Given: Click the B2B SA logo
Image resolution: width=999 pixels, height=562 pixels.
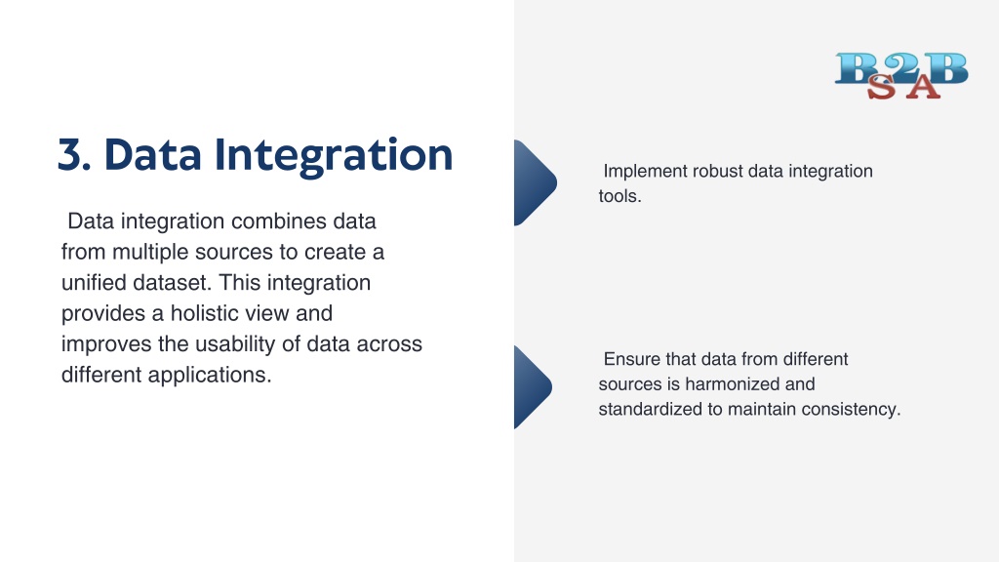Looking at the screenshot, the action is point(901,76).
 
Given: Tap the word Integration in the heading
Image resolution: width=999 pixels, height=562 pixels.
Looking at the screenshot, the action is point(334,156).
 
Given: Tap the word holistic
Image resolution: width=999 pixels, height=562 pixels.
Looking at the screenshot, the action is point(209,313).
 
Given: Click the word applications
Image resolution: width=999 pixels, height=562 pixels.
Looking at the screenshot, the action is point(210,376).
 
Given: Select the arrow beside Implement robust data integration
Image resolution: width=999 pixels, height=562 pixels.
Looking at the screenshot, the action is point(536,182).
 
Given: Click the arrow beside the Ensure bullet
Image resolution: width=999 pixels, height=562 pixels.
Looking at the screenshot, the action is point(533,387).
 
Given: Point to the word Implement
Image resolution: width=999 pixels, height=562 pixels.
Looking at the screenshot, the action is point(646,172).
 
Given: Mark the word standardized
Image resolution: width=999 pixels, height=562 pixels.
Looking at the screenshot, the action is point(651,409).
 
